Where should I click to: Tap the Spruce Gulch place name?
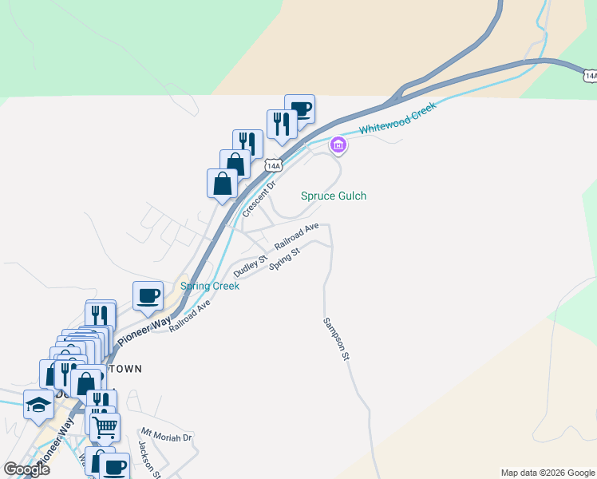(334, 196)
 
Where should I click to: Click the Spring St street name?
(284, 259)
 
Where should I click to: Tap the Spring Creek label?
(210, 286)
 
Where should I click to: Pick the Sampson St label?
(336, 338)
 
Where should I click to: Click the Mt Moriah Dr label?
(167, 437)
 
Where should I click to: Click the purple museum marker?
(338, 145)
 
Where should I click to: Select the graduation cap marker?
(38, 405)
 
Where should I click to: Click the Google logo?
(26, 469)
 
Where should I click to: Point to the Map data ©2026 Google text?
(548, 473)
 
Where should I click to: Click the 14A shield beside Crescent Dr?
(274, 165)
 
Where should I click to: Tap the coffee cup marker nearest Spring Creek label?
(148, 295)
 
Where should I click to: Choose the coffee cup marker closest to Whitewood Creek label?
(299, 108)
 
